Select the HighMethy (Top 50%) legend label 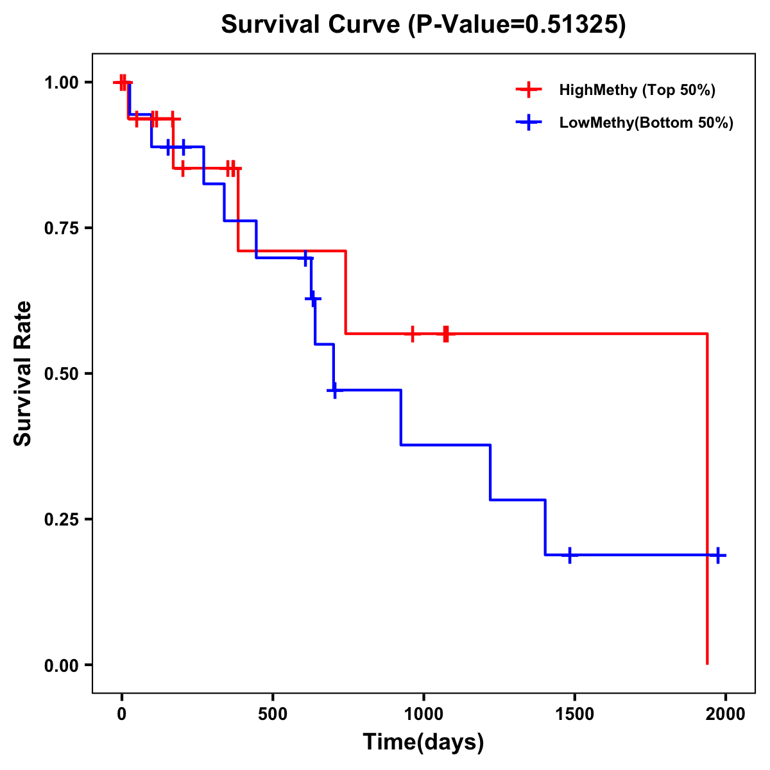[637, 90]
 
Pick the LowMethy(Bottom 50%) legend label [646, 123]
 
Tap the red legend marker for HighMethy [528, 90]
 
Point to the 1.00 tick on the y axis [61, 83]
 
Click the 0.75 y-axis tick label [61, 228]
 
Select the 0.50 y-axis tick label [61, 374]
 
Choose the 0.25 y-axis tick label [61, 520]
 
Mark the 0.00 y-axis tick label [61, 665]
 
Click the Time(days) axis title [424, 742]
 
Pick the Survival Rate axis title [24, 373]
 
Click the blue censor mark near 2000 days [718, 555]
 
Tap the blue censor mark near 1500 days [569, 555]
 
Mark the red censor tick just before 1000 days [412, 334]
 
